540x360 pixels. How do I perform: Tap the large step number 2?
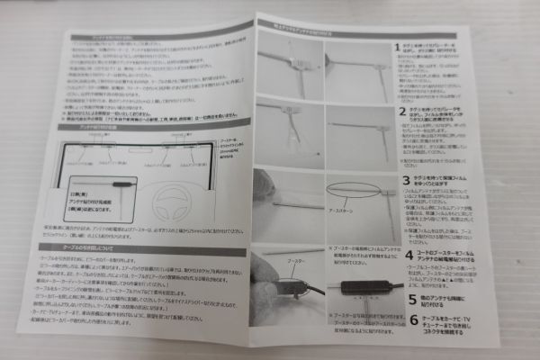402,112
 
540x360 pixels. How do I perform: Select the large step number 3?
406,180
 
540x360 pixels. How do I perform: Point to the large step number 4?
410,238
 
